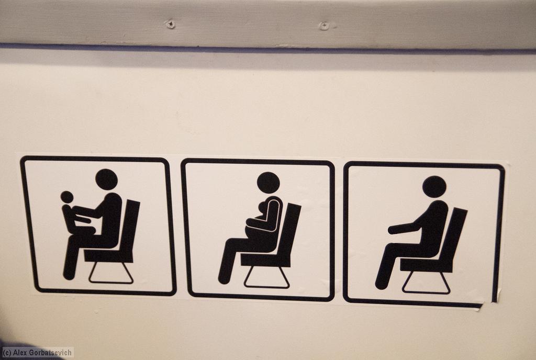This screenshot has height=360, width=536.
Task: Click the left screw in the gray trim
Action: (170, 24)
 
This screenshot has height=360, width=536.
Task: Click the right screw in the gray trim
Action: (323, 26)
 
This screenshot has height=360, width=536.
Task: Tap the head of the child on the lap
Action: (67, 197)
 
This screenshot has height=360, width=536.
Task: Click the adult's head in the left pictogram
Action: (106, 179)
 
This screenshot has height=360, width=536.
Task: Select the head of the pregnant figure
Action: (269, 183)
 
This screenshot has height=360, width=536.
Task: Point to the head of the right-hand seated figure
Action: (434, 186)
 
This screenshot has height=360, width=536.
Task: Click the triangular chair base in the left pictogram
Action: (111, 273)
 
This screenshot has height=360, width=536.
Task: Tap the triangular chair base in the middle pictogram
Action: (266, 277)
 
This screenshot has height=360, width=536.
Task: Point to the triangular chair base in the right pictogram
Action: (426, 283)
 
